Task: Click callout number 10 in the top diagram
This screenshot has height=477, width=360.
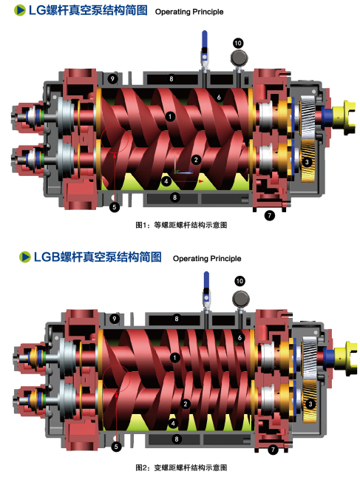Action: pyautogui.click(x=238, y=43)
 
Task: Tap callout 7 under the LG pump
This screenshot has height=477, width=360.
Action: pyautogui.click(x=269, y=216)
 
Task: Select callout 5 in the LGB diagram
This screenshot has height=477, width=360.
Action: pyautogui.click(x=116, y=447)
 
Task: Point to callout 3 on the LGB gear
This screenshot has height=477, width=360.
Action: pyautogui.click(x=310, y=404)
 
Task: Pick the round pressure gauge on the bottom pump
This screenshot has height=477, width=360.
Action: pyautogui.click(x=241, y=300)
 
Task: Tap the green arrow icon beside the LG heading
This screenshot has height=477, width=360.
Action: pyautogui.click(x=20, y=10)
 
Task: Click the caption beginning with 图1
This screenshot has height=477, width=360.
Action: pyautogui.click(x=181, y=225)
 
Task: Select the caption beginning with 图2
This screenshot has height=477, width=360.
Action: pyautogui.click(x=181, y=467)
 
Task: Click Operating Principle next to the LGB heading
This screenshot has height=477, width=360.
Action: pyautogui.click(x=207, y=259)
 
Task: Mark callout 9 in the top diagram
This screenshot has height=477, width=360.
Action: pyautogui.click(x=112, y=79)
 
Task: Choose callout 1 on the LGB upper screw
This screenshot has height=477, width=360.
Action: pyautogui.click(x=174, y=358)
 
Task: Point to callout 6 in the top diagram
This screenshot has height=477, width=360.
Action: pyautogui.click(x=219, y=97)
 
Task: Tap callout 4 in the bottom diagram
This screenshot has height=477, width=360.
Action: pyautogui.click(x=173, y=423)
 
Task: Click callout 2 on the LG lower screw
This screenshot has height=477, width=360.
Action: pyautogui.click(x=196, y=160)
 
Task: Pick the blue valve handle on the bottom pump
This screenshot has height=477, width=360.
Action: pyautogui.click(x=206, y=280)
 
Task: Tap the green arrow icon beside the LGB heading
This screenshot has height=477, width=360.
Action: pyautogui.click(x=25, y=257)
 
